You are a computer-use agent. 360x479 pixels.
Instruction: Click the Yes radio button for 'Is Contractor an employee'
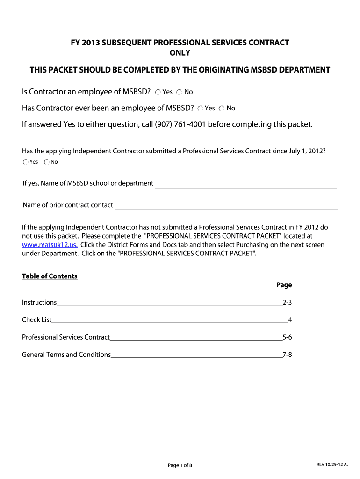(158, 92)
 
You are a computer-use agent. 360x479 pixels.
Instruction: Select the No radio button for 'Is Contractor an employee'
(180, 92)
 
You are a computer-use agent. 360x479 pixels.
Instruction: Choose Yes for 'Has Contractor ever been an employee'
(200, 109)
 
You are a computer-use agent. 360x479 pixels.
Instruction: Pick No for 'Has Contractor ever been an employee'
(222, 109)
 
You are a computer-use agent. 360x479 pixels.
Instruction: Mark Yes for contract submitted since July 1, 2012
(25, 162)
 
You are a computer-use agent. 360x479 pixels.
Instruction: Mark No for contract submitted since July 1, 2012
(47, 162)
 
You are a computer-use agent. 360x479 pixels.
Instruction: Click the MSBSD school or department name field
(245, 183)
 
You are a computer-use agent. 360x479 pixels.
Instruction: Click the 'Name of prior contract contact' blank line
(226, 205)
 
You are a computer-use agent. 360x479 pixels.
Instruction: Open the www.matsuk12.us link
(50, 245)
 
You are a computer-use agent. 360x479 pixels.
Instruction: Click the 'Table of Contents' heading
(50, 276)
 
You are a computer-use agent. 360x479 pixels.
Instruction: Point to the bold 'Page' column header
(284, 285)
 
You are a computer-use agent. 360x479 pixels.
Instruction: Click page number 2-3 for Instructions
(287, 302)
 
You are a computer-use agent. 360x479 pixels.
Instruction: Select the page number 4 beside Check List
(290, 320)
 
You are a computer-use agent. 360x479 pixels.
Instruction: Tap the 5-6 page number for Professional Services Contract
(287, 337)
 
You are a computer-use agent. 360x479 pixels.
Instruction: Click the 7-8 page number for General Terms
(287, 355)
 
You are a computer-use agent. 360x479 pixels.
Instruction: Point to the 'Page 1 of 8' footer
(180, 465)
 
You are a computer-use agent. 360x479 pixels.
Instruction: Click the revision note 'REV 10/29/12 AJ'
(332, 464)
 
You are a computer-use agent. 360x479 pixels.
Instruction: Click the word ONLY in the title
(180, 53)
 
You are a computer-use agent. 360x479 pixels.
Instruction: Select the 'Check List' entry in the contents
(37, 320)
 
